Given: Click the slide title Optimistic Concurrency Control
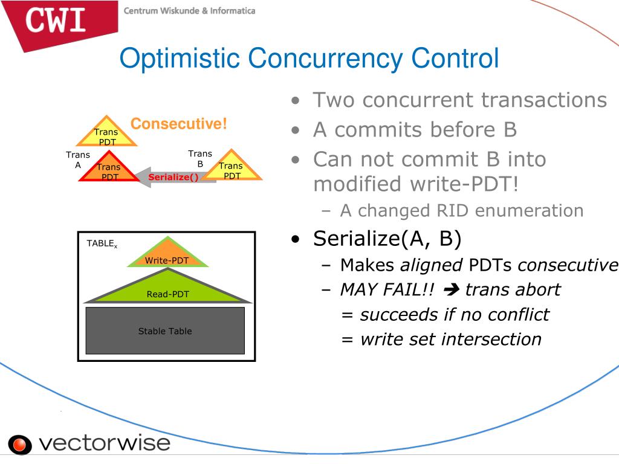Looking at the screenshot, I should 309,59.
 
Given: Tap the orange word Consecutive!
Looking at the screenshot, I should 178,124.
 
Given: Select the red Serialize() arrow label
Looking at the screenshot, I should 173,177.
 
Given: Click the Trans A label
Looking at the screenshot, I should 78,159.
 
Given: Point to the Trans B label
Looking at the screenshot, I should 200,158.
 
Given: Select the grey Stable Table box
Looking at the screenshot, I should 165,330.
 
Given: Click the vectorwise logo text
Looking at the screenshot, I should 105,443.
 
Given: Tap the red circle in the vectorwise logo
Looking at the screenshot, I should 20,445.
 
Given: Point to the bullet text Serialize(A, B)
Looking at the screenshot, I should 387,239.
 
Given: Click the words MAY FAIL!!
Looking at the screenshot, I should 387,289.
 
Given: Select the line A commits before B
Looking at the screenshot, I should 415,129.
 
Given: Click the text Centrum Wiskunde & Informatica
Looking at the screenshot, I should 189,11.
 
